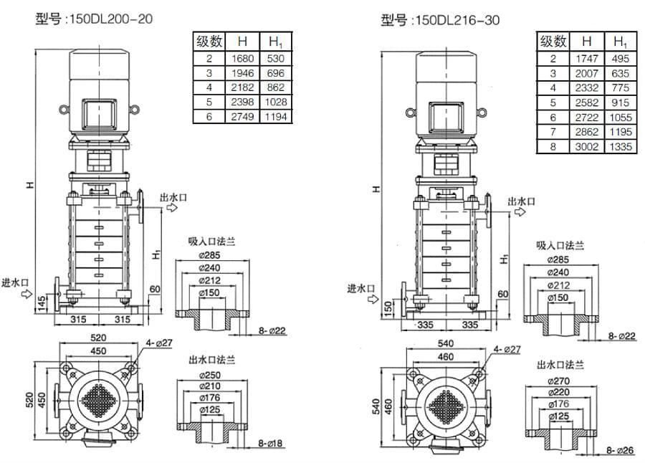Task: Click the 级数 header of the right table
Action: [553, 42]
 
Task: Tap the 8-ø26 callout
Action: [621, 450]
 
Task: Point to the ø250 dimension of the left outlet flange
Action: [211, 374]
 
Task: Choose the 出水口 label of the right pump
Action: [521, 201]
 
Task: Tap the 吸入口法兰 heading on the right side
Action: [560, 245]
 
